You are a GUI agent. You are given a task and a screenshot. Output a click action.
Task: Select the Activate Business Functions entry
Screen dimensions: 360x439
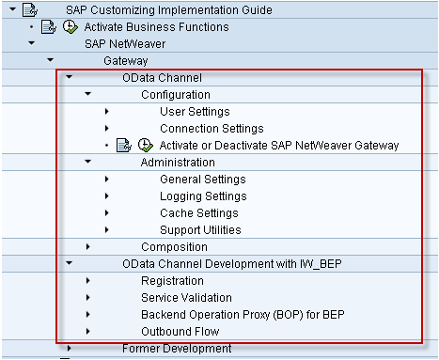pyautogui.click(x=157, y=27)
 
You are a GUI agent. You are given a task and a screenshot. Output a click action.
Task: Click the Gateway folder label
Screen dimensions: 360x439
pyautogui.click(x=126, y=61)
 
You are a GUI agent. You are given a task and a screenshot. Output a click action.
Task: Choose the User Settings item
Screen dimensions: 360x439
pyautogui.click(x=195, y=112)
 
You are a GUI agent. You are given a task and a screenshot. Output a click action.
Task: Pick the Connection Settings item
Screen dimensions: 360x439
pyautogui.click(x=211, y=129)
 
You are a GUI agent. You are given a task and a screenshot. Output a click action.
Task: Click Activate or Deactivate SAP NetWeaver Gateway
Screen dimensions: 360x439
pyautogui.click(x=279, y=146)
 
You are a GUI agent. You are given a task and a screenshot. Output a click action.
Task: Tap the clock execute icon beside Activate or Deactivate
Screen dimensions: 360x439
pyautogui.click(x=146, y=146)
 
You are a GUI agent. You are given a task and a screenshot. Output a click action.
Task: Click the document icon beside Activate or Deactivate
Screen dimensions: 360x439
pyautogui.click(x=123, y=146)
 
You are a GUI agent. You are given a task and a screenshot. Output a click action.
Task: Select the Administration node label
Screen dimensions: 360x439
pyautogui.click(x=178, y=163)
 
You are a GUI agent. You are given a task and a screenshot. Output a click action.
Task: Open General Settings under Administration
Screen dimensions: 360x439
pyautogui.click(x=203, y=180)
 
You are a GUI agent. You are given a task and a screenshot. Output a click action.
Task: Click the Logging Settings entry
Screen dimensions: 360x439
pyautogui.click(x=203, y=196)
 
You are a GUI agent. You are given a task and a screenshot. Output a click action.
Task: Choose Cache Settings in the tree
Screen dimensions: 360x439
pyautogui.click(x=198, y=213)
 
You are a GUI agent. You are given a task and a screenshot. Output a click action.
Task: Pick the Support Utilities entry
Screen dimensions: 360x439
pyautogui.click(x=200, y=230)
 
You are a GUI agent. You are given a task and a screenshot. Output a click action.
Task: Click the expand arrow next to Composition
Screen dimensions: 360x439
pyautogui.click(x=88, y=247)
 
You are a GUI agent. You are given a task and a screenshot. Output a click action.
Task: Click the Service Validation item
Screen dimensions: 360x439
pyautogui.click(x=186, y=298)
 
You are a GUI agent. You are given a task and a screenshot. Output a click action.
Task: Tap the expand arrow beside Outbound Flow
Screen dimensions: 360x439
pyautogui.click(x=88, y=332)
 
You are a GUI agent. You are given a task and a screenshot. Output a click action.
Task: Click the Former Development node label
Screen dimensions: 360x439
pyautogui.click(x=177, y=349)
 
